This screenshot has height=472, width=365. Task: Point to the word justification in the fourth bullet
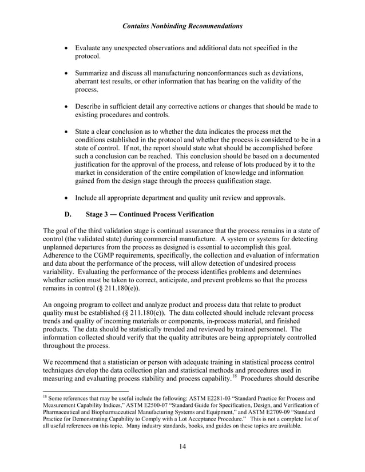pos(96,165)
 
